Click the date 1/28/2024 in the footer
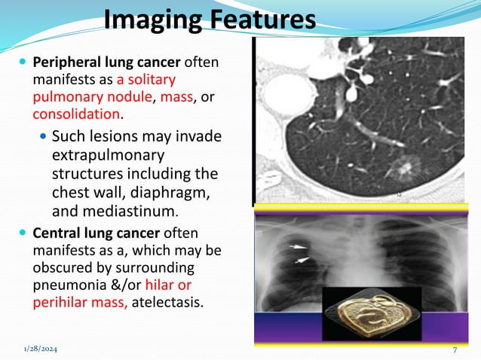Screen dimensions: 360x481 coord(44,349)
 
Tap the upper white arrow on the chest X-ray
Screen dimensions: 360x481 coord(300,246)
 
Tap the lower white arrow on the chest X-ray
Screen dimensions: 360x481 coord(302,260)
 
